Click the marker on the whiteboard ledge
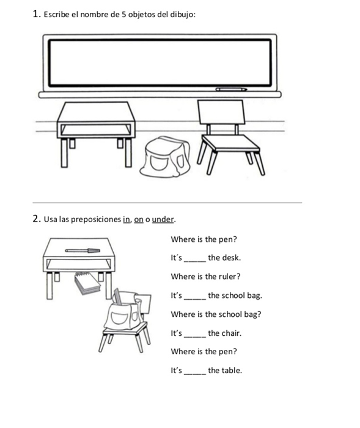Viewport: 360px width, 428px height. click(x=231, y=89)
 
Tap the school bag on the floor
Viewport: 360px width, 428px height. click(x=165, y=157)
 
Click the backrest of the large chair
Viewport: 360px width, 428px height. click(x=221, y=112)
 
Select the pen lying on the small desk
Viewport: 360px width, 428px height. click(x=83, y=250)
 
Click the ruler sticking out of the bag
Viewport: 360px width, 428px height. click(x=118, y=296)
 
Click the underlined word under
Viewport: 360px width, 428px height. click(x=163, y=219)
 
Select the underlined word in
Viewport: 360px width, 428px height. click(x=127, y=219)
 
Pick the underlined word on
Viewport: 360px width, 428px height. click(x=139, y=220)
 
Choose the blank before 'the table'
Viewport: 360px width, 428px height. click(x=195, y=374)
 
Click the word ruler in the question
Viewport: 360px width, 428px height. click(x=229, y=277)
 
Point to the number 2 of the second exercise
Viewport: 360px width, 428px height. click(x=35, y=219)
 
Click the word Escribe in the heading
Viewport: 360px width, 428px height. click(x=57, y=15)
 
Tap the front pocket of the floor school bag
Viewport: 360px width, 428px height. click(x=159, y=162)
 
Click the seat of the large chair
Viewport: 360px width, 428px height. click(x=230, y=143)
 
